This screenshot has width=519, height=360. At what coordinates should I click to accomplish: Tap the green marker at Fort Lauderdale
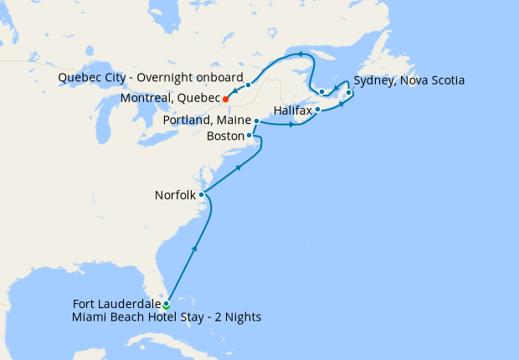click(167, 305)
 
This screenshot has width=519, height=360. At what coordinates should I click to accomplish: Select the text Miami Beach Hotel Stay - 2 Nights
click(167, 316)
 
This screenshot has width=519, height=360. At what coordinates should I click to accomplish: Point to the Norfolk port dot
click(202, 195)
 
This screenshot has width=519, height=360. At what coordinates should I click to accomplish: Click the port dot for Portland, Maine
click(256, 121)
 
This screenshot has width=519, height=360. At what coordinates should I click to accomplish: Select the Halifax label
click(292, 110)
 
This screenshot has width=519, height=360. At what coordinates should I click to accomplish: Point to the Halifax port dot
click(318, 109)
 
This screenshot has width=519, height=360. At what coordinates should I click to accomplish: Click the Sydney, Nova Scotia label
click(409, 80)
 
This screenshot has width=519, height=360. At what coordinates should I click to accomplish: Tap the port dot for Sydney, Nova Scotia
click(349, 93)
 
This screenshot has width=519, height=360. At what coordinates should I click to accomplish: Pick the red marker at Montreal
click(226, 100)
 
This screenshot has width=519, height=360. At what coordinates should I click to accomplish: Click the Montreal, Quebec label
click(171, 99)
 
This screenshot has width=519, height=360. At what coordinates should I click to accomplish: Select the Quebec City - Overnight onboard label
click(150, 78)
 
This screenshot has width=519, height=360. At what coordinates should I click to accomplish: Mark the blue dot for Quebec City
click(249, 85)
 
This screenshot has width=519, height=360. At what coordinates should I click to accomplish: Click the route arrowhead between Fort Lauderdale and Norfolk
click(195, 248)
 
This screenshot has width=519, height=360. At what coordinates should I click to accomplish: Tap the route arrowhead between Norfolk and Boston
click(240, 169)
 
